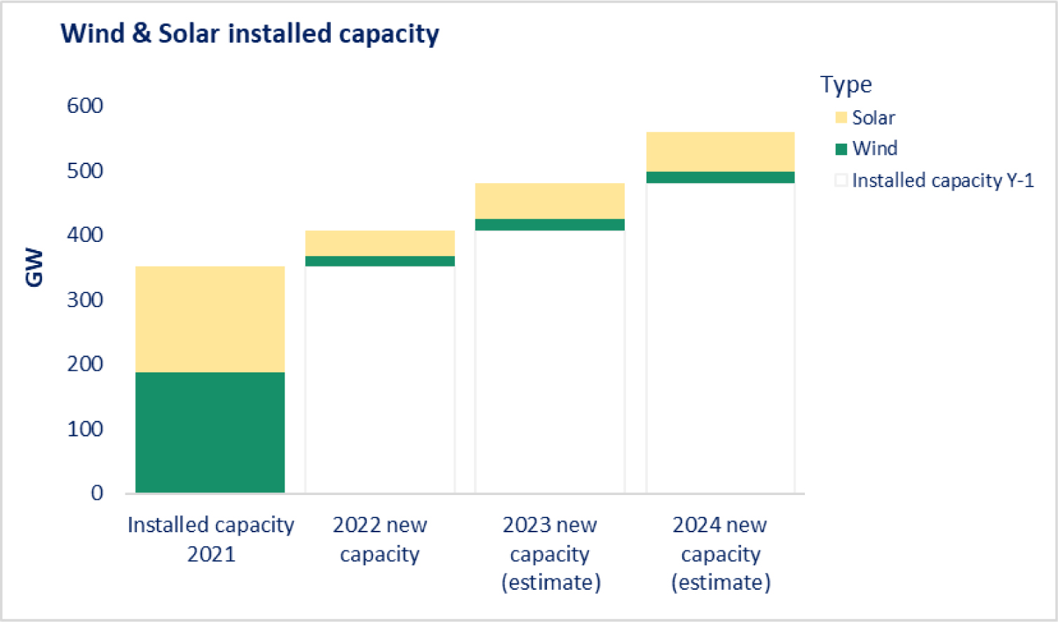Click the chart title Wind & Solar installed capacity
coord(250,34)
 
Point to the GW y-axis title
coord(34,268)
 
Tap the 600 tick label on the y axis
coord(85,106)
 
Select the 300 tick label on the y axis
coord(85,300)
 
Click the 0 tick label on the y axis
coord(97,493)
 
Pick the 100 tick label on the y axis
coord(85,428)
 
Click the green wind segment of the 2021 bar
coord(210,432)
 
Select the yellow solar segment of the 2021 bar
coord(210,319)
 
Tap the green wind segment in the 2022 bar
coord(380,262)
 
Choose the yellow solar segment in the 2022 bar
coord(380,243)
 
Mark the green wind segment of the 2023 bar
coord(550,224)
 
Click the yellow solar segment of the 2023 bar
coord(550,201)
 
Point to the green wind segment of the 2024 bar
coord(720,177)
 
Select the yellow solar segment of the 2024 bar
coord(720,151)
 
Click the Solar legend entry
coord(873,118)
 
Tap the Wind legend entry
coord(874,149)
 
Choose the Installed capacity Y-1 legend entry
coord(942,180)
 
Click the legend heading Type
coord(846,84)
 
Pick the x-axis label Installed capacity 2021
coord(210,539)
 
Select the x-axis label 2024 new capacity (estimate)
coord(720,553)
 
